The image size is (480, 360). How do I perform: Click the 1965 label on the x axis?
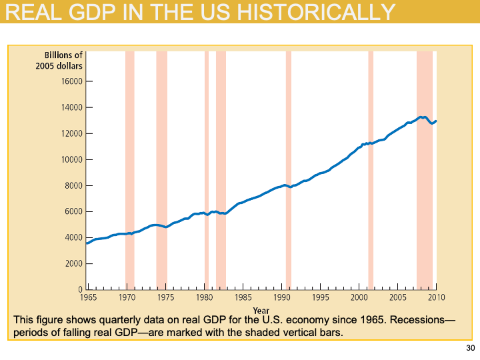(89, 297)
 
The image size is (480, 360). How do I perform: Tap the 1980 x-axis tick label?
(205, 297)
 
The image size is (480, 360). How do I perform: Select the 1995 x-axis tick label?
(321, 297)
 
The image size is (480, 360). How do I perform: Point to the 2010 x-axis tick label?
(437, 297)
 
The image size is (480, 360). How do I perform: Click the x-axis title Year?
(261, 310)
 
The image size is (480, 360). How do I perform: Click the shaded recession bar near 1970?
(130, 167)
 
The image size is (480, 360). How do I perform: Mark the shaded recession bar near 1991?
(289, 167)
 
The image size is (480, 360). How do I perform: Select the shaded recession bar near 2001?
(371, 167)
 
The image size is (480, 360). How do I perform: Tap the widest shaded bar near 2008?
(425, 167)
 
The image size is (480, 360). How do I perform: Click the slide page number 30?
(470, 349)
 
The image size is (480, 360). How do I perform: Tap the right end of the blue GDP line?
(436, 121)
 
